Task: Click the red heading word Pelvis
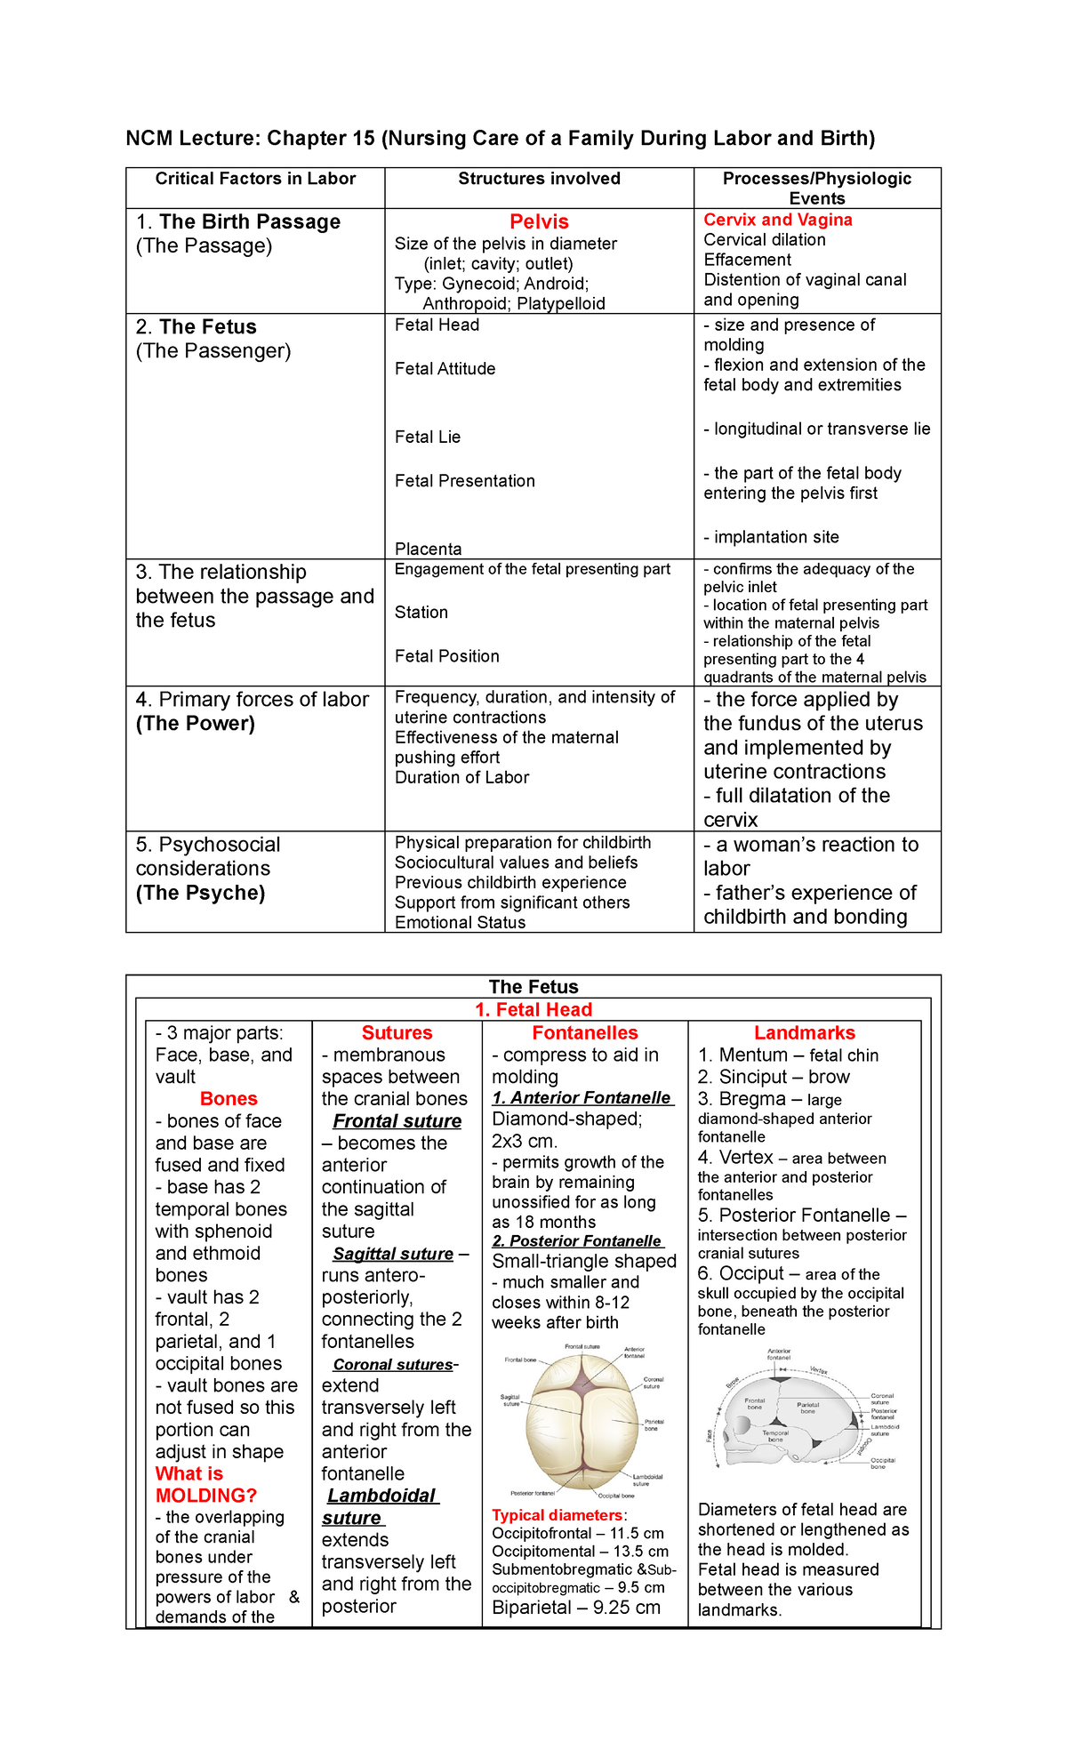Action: (539, 221)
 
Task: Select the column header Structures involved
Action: (539, 179)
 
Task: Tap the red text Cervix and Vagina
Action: (777, 220)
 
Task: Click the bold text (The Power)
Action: (195, 724)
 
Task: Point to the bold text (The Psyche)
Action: (200, 893)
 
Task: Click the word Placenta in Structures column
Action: (428, 549)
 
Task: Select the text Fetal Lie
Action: (427, 437)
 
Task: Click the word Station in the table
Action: (421, 612)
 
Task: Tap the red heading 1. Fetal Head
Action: (533, 1009)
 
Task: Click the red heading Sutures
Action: (397, 1032)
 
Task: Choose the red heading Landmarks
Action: (804, 1032)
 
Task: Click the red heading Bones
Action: (229, 1099)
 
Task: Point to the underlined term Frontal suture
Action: (397, 1121)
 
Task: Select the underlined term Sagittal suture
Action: (393, 1254)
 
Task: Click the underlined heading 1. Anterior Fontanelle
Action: (582, 1098)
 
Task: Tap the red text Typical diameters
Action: (558, 1515)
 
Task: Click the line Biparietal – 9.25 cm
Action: (575, 1608)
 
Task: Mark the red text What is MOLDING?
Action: (205, 1485)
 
